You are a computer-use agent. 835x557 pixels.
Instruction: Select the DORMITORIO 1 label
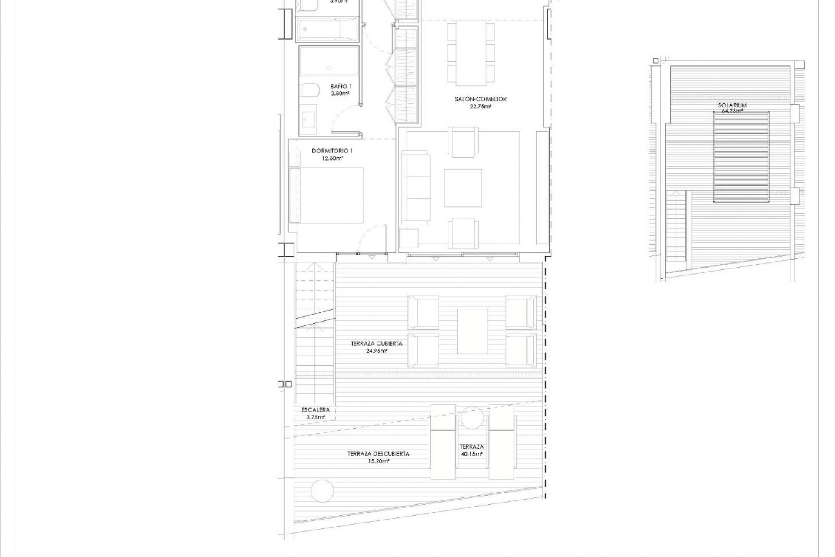(332, 151)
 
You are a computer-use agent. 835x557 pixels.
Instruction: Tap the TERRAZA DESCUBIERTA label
(378, 453)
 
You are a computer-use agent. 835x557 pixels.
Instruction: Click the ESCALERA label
(315, 410)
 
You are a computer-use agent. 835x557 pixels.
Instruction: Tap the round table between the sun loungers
(472, 417)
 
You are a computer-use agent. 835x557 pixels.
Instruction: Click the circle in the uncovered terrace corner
(322, 490)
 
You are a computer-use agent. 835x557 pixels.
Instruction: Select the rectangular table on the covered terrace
(471, 331)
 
